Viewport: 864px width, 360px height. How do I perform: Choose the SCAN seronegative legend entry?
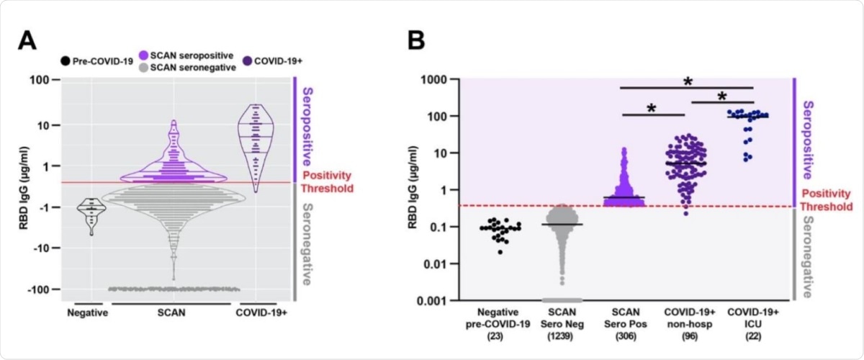tap(192, 67)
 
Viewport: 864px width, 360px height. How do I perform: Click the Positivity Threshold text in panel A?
tap(328, 181)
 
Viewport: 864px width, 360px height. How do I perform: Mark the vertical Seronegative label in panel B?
tap(809, 257)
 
